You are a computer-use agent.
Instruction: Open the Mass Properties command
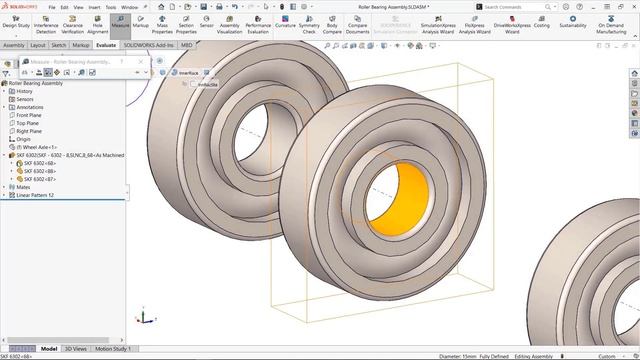[162, 24]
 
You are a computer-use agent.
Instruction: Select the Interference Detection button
[45, 24]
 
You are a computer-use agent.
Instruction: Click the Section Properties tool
[186, 24]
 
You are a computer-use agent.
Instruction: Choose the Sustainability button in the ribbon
[573, 23]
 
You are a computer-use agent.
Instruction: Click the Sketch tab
[59, 45]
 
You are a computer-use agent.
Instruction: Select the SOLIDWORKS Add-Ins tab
[149, 45]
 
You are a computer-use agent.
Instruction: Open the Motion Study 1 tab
[112, 349]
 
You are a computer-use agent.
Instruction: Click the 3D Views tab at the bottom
[76, 349]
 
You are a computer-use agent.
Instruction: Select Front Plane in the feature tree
[29, 115]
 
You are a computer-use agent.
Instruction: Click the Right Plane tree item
[29, 131]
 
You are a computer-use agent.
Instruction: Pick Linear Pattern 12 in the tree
[35, 195]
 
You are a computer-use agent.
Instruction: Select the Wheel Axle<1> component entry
[38, 147]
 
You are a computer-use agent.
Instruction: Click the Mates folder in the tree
[23, 187]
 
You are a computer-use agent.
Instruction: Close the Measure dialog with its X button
[146, 61]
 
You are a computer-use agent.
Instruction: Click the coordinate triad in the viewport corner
[144, 317]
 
